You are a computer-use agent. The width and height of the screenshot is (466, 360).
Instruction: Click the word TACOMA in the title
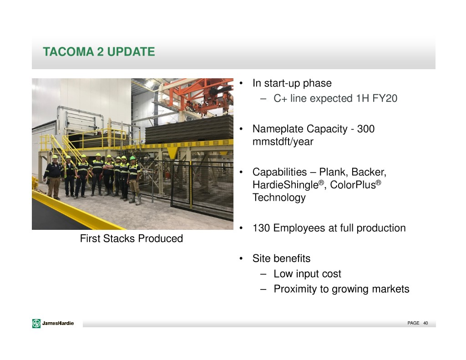pyautogui.click(x=68, y=52)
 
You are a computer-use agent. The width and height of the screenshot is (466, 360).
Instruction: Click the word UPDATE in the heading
pyautogui.click(x=131, y=52)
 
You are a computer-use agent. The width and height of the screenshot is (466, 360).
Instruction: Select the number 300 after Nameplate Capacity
pyautogui.click(x=365, y=129)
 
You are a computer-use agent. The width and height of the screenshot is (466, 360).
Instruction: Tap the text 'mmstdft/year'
pyautogui.click(x=283, y=142)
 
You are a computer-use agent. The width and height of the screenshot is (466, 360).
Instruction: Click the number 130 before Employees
pyautogui.click(x=261, y=228)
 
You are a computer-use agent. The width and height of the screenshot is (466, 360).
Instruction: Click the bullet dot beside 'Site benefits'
pyautogui.click(x=241, y=259)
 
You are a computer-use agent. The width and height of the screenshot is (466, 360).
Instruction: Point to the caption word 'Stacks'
pyautogui.click(x=119, y=238)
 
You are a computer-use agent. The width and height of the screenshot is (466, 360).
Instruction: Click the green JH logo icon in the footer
pyautogui.click(x=36, y=323)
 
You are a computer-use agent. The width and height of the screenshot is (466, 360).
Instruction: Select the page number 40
pyautogui.click(x=425, y=323)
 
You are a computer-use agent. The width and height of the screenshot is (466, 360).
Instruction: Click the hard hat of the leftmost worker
pyautogui.click(x=55, y=157)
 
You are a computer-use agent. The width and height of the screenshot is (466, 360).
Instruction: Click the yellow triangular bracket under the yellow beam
pyautogui.click(x=172, y=152)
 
